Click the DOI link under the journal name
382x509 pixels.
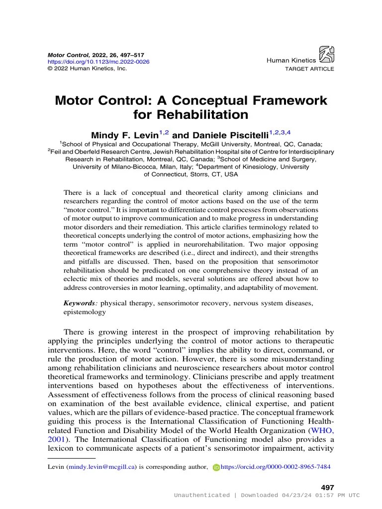pos(98,62)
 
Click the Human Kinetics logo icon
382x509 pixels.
pos(326,54)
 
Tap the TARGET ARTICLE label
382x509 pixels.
pos(309,69)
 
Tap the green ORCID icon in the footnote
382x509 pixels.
pos(216,468)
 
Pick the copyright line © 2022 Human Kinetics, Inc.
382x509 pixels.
pos(87,68)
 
